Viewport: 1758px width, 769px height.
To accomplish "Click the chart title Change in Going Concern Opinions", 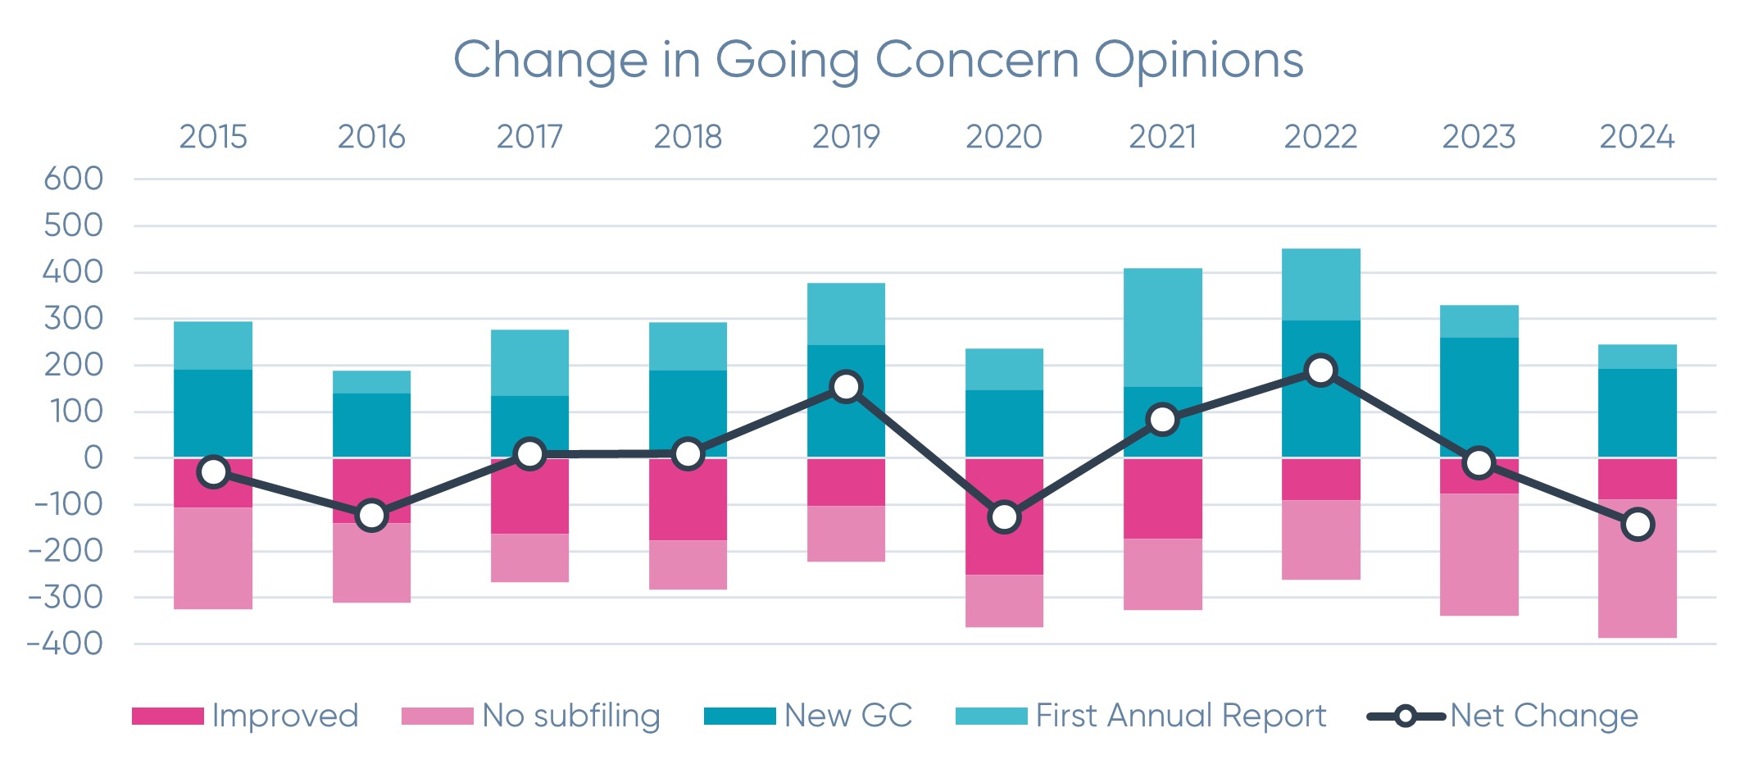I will pos(878,61).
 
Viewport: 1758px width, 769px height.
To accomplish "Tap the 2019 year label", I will pos(846,137).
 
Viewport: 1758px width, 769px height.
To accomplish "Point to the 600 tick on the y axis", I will pos(74,179).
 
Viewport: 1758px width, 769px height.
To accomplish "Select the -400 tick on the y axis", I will pos(66,644).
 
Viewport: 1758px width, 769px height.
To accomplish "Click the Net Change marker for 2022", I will pos(1320,371).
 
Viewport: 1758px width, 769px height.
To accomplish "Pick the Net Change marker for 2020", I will pos(1004,517).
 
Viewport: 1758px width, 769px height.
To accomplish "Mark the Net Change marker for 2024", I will pos(1638,525).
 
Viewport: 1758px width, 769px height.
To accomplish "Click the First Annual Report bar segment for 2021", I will pos(1162,327).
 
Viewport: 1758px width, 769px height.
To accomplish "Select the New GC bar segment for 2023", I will pos(1479,397).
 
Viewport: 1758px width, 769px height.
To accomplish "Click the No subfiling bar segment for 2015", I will pos(213,558).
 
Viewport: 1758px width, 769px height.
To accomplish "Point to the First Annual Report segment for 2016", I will pos(371,382).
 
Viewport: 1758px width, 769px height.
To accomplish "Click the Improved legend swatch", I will pos(167,717).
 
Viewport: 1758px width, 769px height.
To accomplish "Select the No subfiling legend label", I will pos(570,716).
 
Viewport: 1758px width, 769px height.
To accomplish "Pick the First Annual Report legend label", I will pos(1180,716).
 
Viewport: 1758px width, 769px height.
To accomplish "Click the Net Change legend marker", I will pos(1405,717).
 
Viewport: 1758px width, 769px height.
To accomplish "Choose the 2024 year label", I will pos(1637,137).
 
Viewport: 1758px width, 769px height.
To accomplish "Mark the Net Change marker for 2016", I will pos(371,516).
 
